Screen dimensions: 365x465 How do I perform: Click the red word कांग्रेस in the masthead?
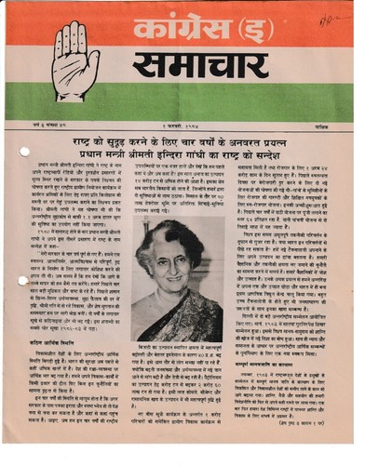[x=206, y=22]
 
